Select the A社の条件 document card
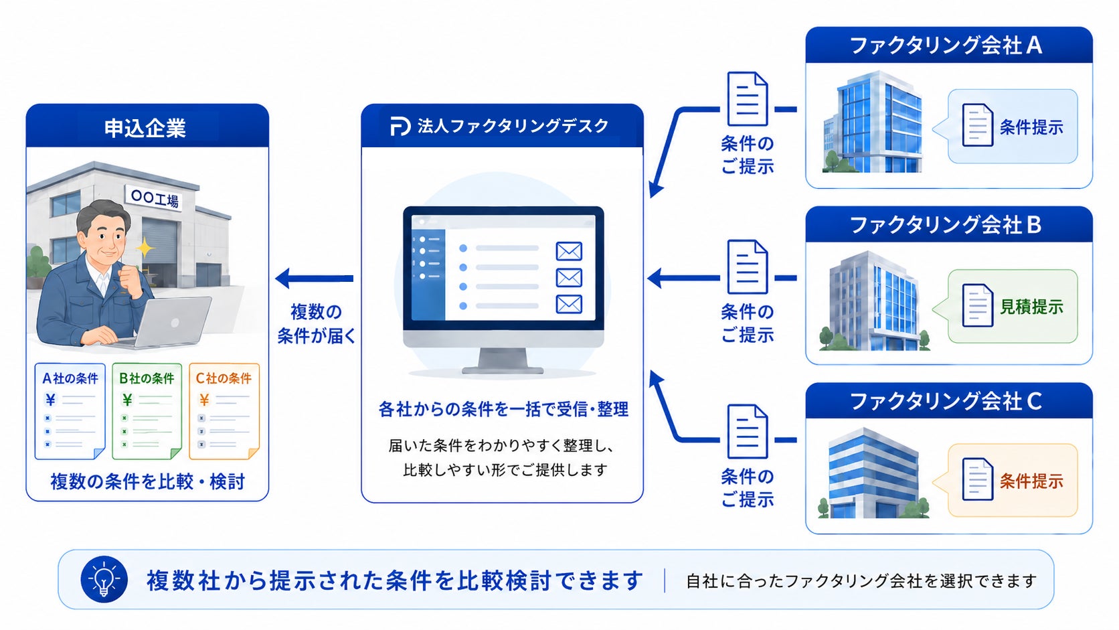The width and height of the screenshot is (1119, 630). point(70,411)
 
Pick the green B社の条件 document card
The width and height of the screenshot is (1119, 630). point(147,411)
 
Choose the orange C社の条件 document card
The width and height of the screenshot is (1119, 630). point(224,411)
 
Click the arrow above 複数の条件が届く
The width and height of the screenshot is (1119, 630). point(315,279)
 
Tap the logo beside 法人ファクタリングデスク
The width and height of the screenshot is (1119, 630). point(400,126)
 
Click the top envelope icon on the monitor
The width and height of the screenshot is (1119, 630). point(569,251)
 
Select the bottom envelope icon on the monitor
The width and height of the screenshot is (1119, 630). point(569,304)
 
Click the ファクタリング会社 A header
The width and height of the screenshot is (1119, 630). point(948,45)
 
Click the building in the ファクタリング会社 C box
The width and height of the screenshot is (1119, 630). point(873,473)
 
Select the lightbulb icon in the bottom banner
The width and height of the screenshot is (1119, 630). point(104,580)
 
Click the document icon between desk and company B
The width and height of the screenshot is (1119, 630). point(748,266)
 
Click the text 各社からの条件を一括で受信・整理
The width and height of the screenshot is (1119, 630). point(503,409)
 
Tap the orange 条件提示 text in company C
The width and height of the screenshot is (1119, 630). point(1031,481)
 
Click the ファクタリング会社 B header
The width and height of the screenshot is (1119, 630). point(948,225)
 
